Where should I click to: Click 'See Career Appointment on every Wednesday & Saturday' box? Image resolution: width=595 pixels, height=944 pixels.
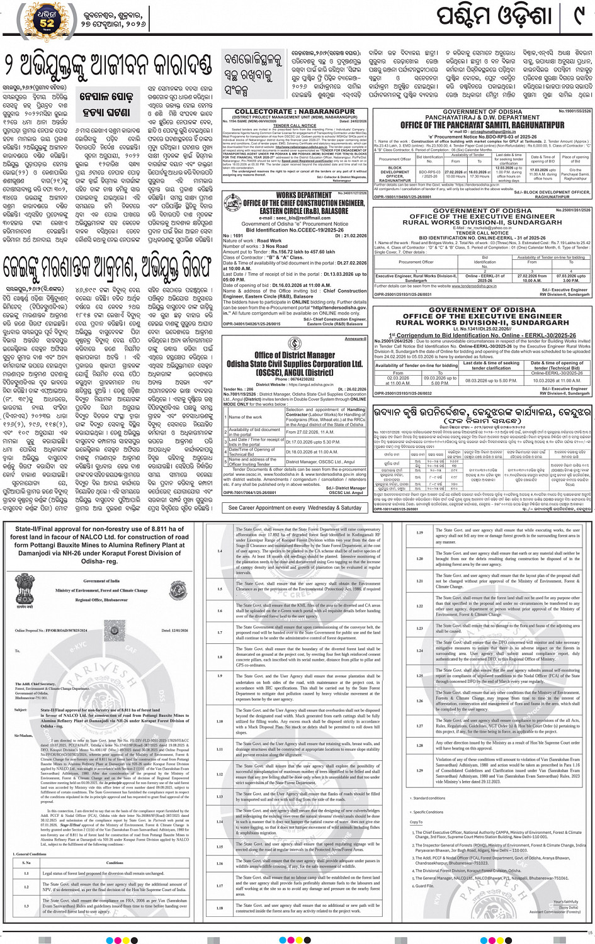point(295,507)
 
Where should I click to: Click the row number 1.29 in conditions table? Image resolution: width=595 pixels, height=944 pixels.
point(419,770)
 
